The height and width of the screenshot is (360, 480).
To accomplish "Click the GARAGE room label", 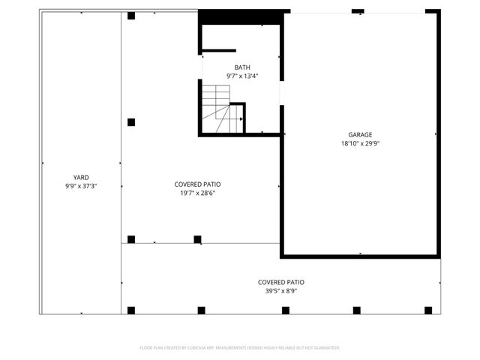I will (359, 135).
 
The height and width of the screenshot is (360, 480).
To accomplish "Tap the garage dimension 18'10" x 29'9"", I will (359, 143).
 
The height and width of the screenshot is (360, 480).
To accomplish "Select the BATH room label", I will (241, 67).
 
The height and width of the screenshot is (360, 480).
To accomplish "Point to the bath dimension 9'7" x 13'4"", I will (241, 76).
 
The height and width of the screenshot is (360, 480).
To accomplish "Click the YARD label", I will (81, 178).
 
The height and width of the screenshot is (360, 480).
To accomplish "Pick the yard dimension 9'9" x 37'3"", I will (81, 186).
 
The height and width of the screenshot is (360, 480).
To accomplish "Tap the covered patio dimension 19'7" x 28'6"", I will (197, 193).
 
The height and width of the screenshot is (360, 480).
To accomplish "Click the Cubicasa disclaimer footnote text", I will (240, 348).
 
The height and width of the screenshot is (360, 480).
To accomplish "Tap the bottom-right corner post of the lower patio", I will (428, 310).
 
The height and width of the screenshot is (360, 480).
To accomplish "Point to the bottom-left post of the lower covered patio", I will (131, 310).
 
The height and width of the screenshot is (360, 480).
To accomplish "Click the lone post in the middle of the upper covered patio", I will (131, 121).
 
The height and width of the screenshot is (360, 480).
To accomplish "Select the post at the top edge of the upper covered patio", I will (131, 15).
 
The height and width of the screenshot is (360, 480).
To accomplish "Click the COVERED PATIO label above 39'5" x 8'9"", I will (281, 282).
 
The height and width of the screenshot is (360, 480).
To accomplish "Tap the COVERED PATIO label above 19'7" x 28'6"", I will (197, 184).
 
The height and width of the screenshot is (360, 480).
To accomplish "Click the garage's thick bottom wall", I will (360, 256).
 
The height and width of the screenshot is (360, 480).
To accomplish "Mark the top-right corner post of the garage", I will (432, 12).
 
